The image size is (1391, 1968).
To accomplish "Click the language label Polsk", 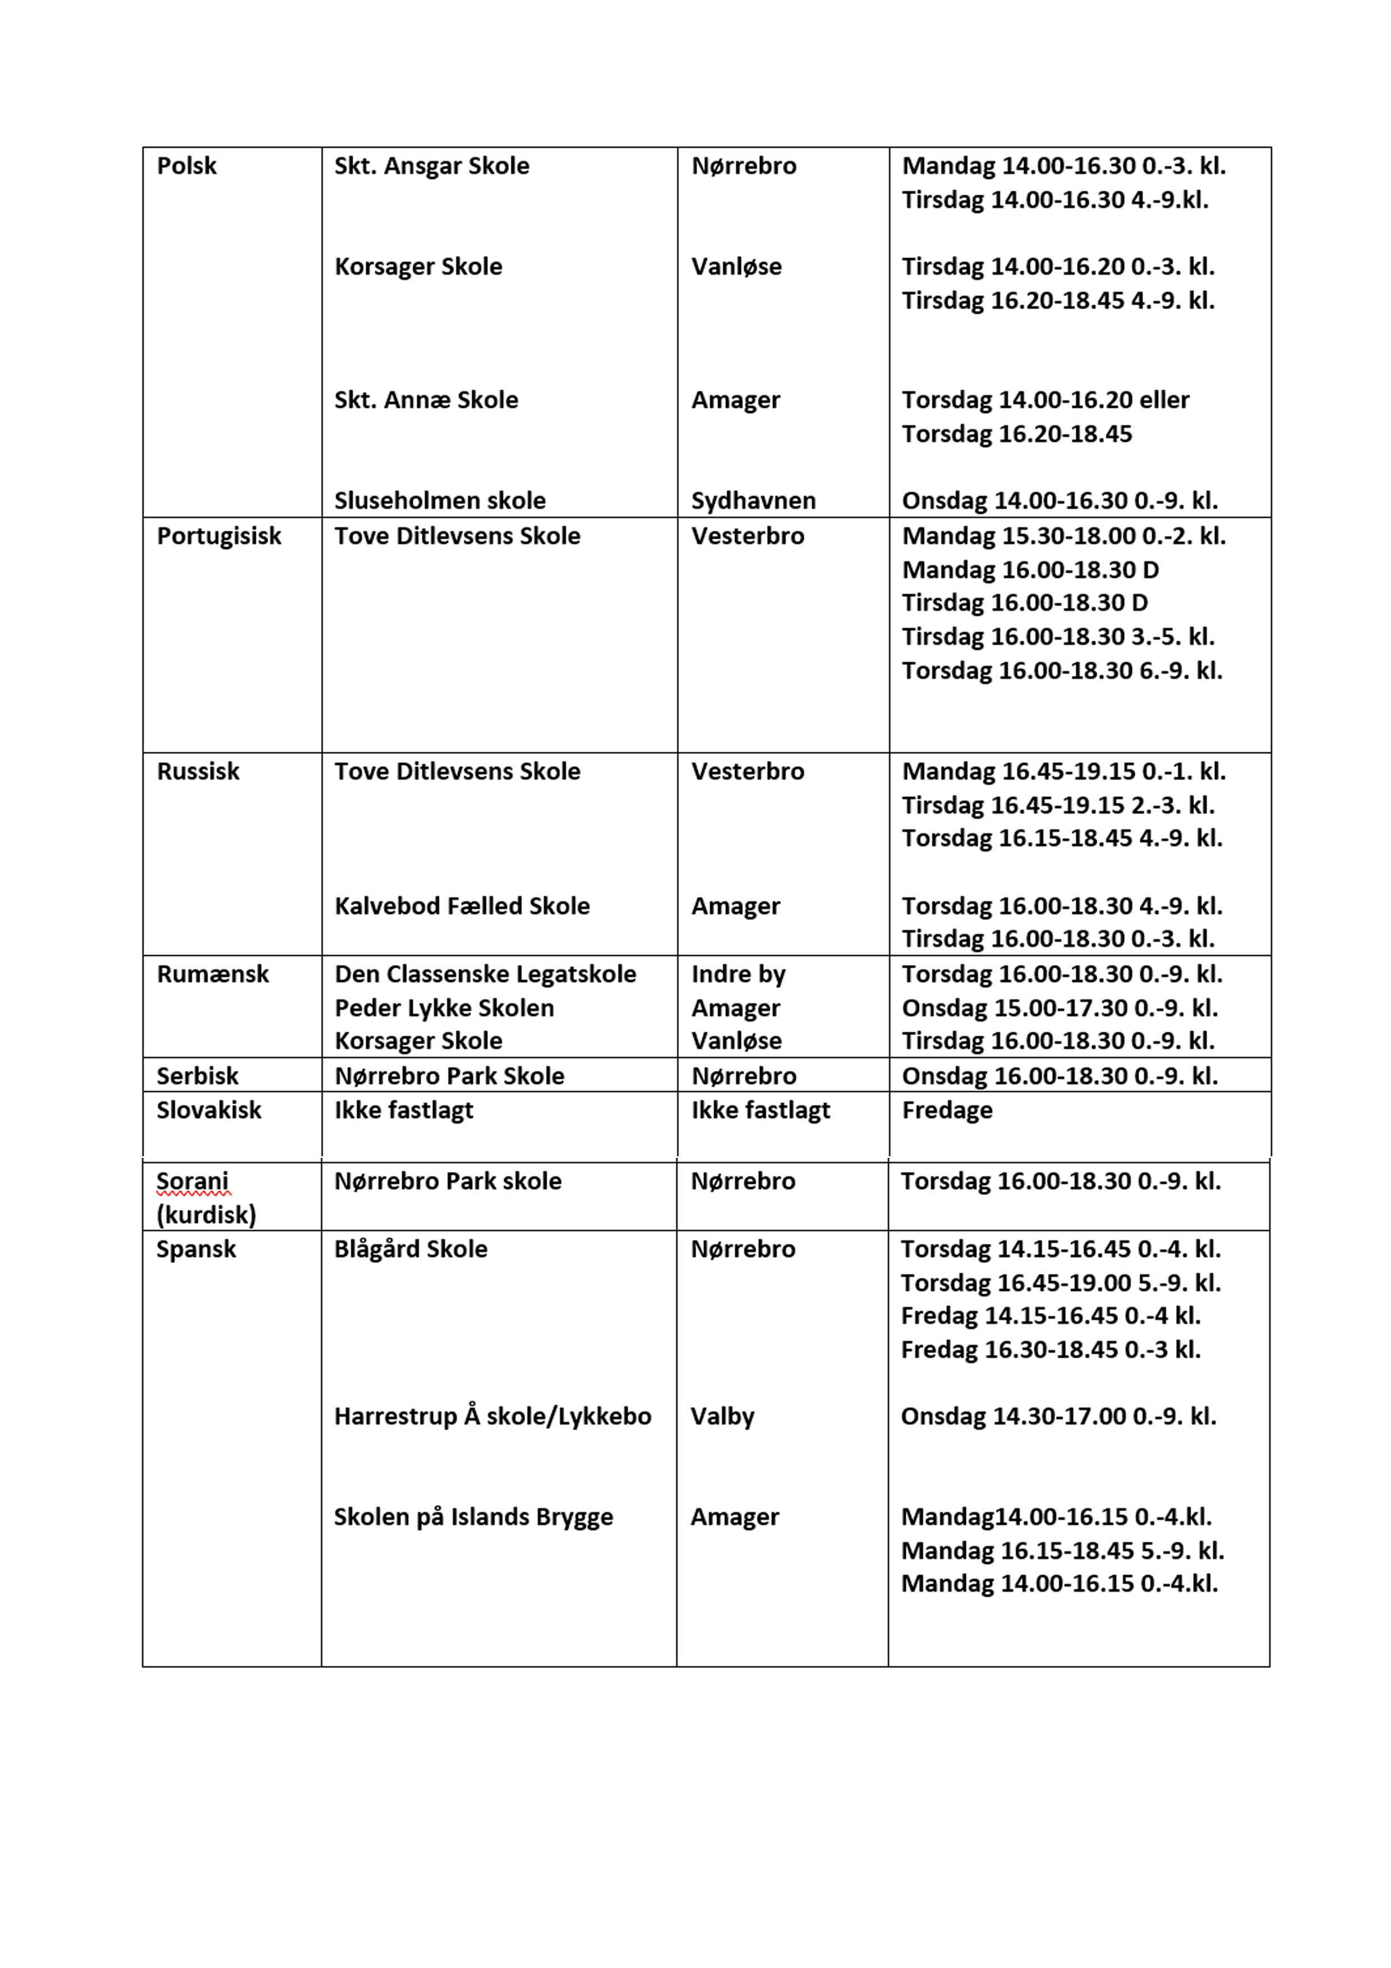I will click(x=186, y=165).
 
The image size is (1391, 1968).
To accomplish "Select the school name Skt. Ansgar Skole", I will click(x=431, y=165).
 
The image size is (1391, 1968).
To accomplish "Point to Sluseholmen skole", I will click(x=440, y=500).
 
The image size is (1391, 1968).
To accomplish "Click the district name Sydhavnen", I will click(x=753, y=500).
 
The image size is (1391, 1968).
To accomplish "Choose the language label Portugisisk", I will click(x=219, y=536).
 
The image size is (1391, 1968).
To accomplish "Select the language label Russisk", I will click(x=198, y=771).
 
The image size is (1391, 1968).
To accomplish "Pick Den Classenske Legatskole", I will click(x=485, y=974).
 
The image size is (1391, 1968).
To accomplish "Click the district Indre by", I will click(x=738, y=974).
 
